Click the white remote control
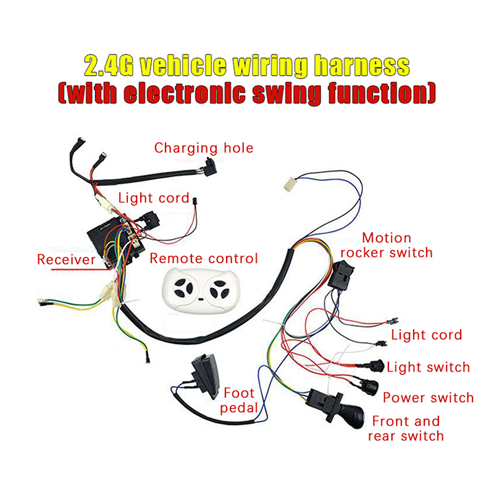click(201, 290)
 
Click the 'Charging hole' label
click(204, 148)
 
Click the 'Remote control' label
click(204, 258)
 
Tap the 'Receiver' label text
click(66, 259)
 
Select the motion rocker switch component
click(341, 275)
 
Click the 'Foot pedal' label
click(239, 400)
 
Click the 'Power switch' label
click(428, 398)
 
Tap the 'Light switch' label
click(428, 367)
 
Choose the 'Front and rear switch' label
click(406, 429)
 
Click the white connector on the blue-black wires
click(290, 184)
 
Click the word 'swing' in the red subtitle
click(286, 93)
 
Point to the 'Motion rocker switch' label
click(387, 245)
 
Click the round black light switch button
click(375, 366)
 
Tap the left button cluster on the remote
click(183, 288)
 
